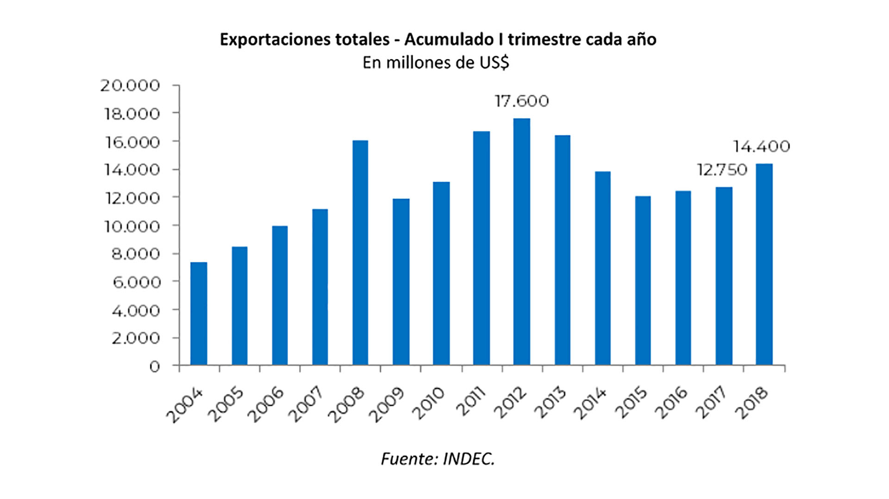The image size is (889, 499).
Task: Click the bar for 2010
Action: pos(441,273)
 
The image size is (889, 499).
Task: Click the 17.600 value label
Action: pos(521,101)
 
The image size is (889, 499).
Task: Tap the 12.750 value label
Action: pos(722,170)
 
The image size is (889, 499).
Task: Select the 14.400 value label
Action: pos(761,147)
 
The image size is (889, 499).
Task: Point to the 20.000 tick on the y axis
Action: pos(130,86)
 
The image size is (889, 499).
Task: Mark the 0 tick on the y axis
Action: pos(154,366)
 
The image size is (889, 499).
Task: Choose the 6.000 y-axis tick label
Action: pos(135,282)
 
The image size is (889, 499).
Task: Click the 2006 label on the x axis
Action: pos(265,405)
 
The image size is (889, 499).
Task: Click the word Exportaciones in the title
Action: pos(304,40)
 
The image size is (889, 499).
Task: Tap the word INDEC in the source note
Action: pos(469,459)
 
